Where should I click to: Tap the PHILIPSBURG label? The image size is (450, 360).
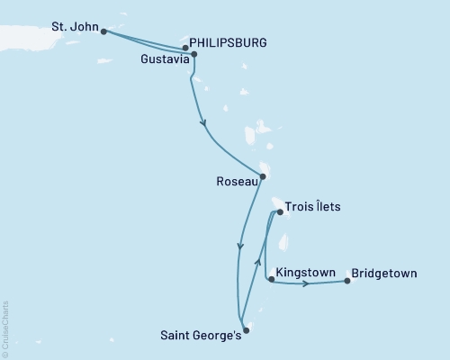tap(228, 42)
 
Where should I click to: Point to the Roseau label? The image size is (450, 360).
tap(238, 180)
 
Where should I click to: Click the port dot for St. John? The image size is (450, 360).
tap(104, 31)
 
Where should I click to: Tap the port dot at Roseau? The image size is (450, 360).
tap(262, 176)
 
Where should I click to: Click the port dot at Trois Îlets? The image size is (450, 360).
tap(281, 213)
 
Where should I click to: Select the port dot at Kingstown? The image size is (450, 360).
tap(271, 280)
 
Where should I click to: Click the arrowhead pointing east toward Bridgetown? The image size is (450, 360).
tap(308, 284)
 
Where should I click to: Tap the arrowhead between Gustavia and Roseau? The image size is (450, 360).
tap(203, 124)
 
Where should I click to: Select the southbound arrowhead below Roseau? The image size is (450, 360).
tap(239, 244)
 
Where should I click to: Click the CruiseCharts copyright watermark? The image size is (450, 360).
tap(5, 328)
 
